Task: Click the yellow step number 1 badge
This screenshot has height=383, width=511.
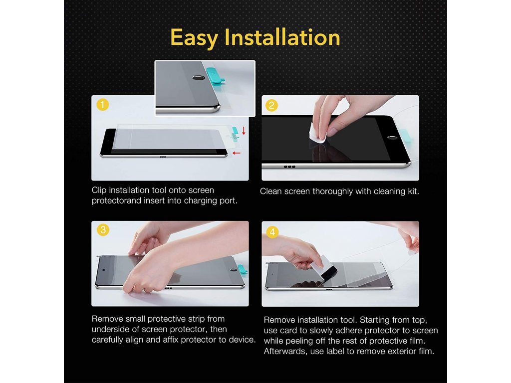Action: click(x=103, y=105)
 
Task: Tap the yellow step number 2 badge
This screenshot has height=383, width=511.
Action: click(x=271, y=106)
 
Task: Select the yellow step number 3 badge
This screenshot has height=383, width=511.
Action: click(x=103, y=230)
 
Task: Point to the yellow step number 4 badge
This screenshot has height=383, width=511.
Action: click(x=272, y=232)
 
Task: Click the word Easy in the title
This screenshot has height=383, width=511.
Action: click(x=194, y=38)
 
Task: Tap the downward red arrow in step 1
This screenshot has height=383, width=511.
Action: click(x=244, y=131)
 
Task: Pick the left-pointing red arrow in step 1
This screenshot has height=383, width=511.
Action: click(x=236, y=153)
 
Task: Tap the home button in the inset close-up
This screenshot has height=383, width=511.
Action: click(x=199, y=77)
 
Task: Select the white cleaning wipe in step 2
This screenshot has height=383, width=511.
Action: click(x=317, y=134)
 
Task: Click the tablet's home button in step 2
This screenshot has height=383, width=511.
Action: click(x=392, y=138)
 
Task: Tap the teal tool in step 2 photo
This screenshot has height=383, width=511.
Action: click(x=404, y=136)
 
